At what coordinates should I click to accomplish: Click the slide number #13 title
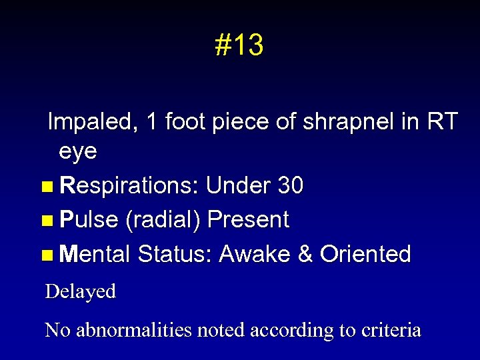click(239, 46)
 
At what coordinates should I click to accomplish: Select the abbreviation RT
click(441, 122)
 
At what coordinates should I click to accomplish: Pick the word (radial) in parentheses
click(165, 220)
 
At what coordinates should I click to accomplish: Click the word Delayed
click(80, 292)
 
